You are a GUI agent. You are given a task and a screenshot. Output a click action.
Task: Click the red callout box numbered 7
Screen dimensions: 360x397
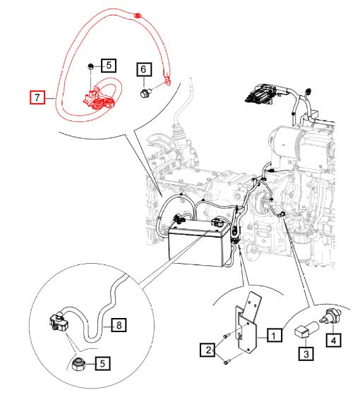37,97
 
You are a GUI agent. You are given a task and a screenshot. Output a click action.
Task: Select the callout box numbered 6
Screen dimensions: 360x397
144,69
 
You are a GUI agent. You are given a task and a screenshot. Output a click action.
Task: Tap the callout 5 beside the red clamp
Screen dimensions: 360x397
109,66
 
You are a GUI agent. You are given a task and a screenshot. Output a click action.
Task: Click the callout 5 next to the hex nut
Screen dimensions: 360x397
102,363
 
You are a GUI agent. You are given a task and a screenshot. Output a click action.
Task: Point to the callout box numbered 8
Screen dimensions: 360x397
119,325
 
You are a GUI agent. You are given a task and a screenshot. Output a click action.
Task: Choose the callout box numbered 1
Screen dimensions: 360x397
274,336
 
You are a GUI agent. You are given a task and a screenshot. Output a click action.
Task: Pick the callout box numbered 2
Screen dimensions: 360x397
208,350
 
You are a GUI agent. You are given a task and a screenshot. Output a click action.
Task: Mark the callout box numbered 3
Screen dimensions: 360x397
306,353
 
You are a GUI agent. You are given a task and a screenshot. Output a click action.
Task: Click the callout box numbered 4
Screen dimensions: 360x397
334,340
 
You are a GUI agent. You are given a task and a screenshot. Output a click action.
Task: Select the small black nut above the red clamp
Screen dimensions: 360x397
90,66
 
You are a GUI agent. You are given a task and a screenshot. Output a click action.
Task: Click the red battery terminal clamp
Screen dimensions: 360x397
98,99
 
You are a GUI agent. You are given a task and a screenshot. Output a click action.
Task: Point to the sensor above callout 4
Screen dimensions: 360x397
331,316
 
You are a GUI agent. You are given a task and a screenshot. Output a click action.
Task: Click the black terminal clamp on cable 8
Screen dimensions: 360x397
59,322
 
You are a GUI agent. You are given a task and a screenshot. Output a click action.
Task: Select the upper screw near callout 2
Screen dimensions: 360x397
226,336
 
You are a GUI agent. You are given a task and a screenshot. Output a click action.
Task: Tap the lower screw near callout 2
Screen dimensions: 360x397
226,362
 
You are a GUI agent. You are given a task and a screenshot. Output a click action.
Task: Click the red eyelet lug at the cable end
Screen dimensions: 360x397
167,80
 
